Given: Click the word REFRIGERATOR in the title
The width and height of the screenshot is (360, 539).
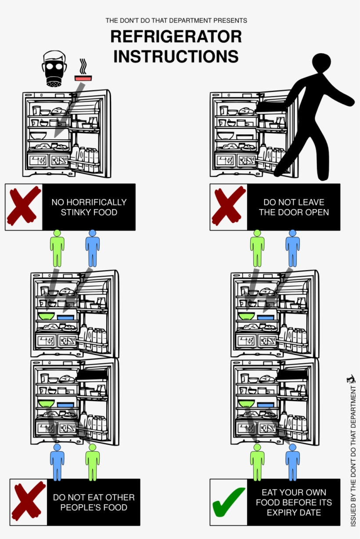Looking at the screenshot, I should click(x=176, y=37).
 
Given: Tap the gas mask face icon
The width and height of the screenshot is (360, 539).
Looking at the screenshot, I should click(x=54, y=69).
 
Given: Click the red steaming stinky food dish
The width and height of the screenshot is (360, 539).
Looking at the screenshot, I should click(x=83, y=78).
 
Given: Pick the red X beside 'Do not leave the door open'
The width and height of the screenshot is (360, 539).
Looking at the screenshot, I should click(x=228, y=207).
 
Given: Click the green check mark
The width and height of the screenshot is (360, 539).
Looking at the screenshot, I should click(x=228, y=502).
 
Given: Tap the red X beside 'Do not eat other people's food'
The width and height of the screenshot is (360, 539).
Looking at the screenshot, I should click(x=28, y=502).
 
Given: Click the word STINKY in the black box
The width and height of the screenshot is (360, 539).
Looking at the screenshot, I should click(x=76, y=213).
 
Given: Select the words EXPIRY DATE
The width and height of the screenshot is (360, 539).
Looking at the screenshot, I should click(x=294, y=513).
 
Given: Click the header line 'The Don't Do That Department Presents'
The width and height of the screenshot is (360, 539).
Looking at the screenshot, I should click(x=176, y=21).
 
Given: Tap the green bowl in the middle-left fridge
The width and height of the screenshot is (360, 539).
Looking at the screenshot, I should click(x=46, y=316).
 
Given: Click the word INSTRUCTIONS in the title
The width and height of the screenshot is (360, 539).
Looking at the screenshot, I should click(x=176, y=57).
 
